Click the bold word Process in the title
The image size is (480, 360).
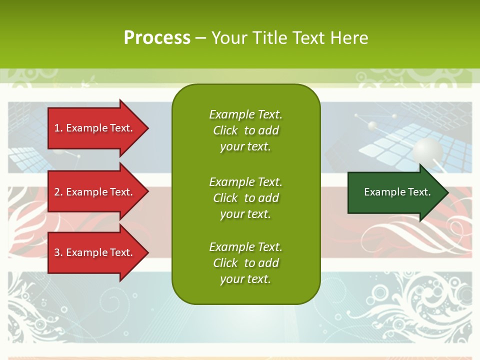point(157,37)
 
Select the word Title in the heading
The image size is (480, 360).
point(271,37)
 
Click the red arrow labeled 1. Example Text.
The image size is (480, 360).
point(95,128)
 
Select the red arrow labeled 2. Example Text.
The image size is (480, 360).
point(95,192)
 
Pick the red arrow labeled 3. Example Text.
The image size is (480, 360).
point(95,252)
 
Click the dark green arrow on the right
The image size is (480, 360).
point(395,192)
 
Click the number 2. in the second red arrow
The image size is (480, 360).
point(58,192)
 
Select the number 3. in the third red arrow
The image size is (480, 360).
point(58,252)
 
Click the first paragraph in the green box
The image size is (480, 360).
point(245,130)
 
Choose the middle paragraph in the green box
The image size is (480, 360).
point(245,198)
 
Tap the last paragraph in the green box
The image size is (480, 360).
point(245,263)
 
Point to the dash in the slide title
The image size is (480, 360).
point(200,38)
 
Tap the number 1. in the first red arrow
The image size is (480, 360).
point(58,128)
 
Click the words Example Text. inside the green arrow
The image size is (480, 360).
point(397,192)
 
